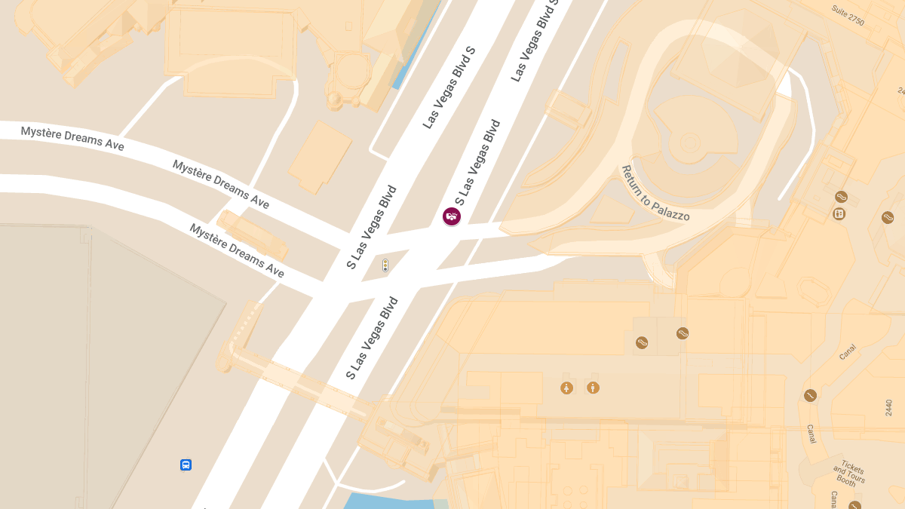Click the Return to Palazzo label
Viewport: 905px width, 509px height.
pos(655,194)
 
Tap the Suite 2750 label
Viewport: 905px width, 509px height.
pos(848,15)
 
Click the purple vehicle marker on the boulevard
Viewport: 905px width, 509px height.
pos(452,217)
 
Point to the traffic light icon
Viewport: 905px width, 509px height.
pos(385,265)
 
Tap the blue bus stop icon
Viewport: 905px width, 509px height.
pos(186,465)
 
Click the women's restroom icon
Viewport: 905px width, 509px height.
pos(567,388)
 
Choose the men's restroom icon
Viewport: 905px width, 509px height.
pos(594,388)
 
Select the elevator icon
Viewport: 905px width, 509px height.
pos(839,214)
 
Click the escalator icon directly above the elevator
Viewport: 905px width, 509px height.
pos(842,197)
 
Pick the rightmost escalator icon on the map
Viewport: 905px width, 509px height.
pos(888,218)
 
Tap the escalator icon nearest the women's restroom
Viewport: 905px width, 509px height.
pos(642,342)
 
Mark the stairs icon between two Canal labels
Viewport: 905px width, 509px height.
pos(811,395)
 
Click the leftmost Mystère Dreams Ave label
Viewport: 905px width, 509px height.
pos(72,138)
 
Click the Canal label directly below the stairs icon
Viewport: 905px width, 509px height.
pos(811,433)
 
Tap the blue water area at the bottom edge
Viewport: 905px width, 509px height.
pos(388,501)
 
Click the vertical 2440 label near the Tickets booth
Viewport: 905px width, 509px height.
pos(888,408)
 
